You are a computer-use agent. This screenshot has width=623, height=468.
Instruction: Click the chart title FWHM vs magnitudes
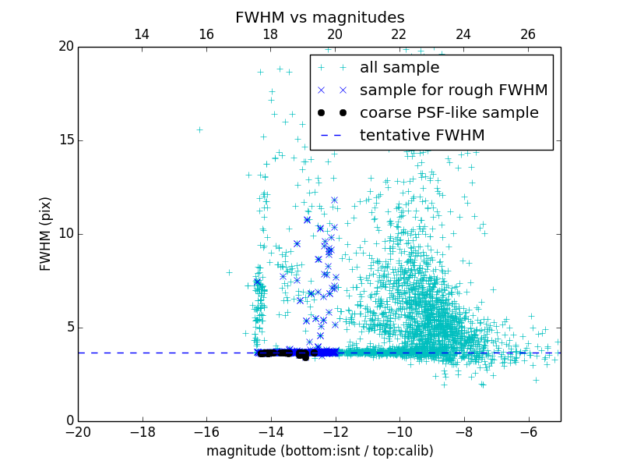pos(319,17)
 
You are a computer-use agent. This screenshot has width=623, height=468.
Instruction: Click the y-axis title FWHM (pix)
pos(46,234)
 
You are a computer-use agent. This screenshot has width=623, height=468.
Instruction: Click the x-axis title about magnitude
pos(319,451)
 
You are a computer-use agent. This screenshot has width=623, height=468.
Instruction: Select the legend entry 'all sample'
pos(399,68)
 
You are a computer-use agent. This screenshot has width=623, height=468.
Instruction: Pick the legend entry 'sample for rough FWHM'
pos(453,90)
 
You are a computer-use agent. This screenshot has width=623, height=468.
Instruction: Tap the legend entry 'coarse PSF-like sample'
pos(449,113)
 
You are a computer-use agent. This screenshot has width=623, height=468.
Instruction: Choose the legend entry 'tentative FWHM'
pos(422,136)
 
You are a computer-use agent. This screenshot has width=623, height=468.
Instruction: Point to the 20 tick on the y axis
pos(65,47)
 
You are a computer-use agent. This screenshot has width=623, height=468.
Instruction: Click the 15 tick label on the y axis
pos(65,140)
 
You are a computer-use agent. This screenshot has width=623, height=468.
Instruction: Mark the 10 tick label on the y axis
pos(65,234)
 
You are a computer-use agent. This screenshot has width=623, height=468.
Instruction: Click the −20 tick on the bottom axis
pos(78,431)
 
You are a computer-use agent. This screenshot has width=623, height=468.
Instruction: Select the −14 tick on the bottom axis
pos(271,431)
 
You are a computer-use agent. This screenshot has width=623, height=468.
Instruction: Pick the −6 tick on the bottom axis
pos(529,431)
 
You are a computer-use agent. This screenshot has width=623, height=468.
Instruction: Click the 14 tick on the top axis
pos(142,34)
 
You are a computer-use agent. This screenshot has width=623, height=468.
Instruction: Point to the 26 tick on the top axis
pos(528,34)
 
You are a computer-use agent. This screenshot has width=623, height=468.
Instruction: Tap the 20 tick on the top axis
pos(335,34)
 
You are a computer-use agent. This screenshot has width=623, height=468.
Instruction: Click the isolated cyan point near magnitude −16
pos(199,129)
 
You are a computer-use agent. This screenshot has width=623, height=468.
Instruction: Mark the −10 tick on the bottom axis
pos(399,431)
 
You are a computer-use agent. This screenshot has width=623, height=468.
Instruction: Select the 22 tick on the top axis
pos(399,34)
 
